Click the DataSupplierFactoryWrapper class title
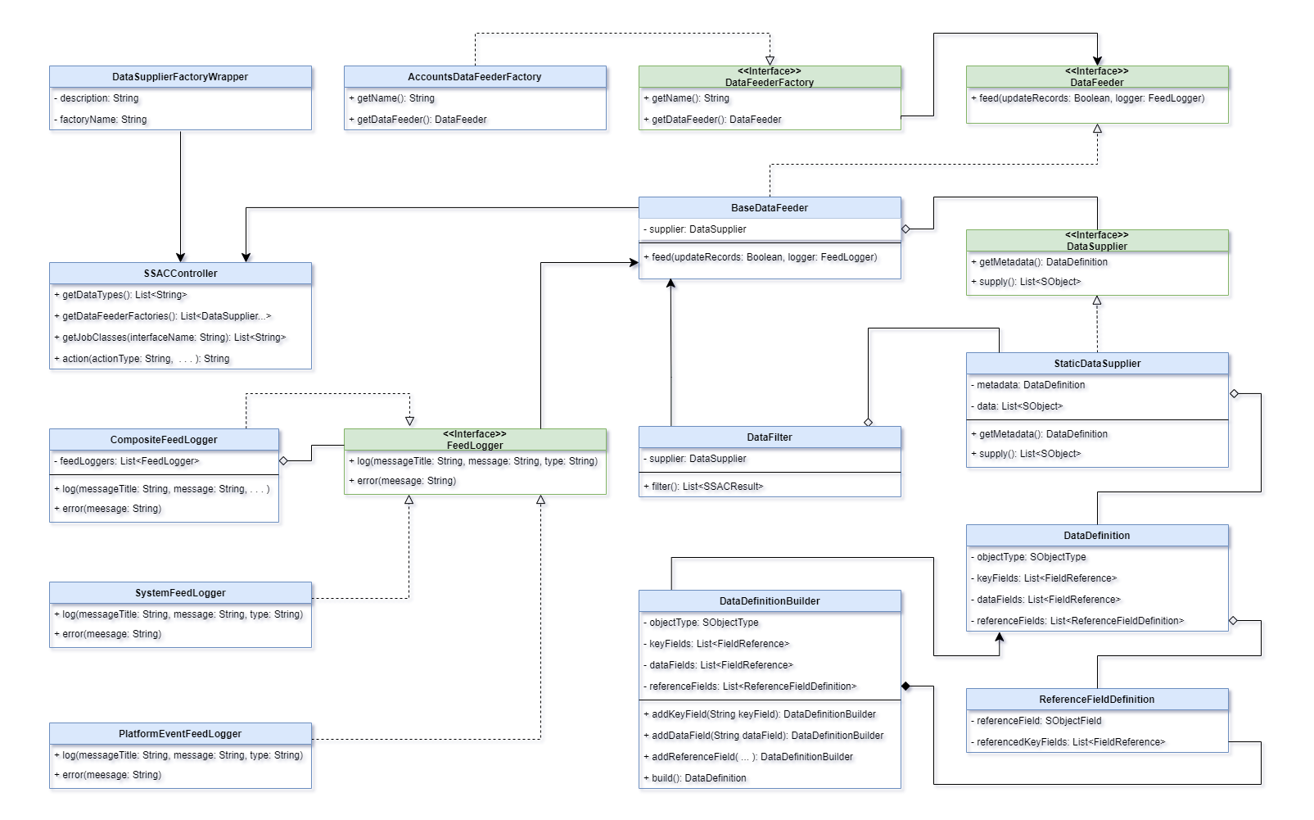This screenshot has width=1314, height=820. (x=180, y=77)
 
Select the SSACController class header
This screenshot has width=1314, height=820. (x=180, y=274)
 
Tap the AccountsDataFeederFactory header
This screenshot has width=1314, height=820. (x=475, y=77)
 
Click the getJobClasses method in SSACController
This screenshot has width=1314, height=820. (x=174, y=338)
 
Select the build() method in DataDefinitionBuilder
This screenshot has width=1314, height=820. (x=698, y=778)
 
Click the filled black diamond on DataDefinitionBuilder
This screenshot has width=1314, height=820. (x=906, y=686)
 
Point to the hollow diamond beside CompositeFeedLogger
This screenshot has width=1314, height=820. (x=284, y=461)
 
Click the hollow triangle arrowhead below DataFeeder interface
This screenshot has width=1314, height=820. (x=1097, y=129)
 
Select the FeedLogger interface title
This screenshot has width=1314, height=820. (x=475, y=440)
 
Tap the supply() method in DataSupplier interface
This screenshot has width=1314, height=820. (x=1030, y=282)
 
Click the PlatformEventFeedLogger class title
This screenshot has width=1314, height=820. (x=180, y=734)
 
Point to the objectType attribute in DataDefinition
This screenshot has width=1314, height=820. (x=1031, y=557)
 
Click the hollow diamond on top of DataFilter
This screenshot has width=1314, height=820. (x=868, y=422)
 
